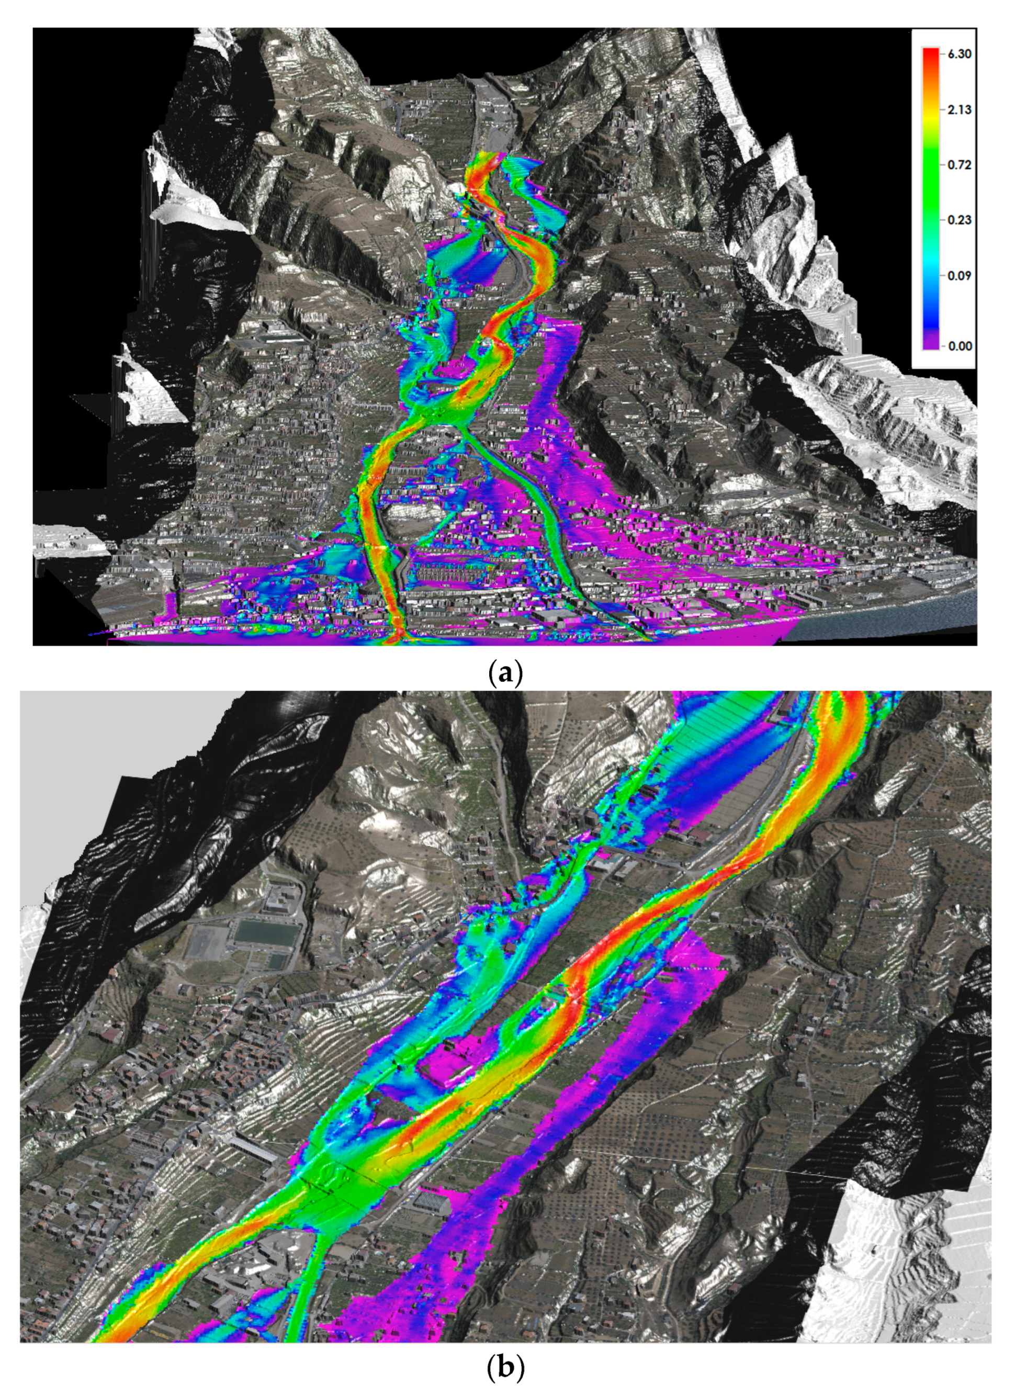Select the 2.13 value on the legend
click(x=959, y=110)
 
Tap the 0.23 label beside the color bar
click(x=959, y=220)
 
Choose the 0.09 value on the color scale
click(x=959, y=275)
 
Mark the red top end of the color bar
click(x=930, y=52)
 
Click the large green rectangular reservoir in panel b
click(x=268, y=935)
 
